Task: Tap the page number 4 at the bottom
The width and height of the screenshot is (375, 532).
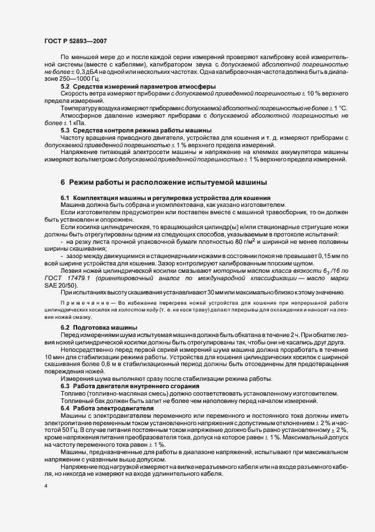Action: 45,486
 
